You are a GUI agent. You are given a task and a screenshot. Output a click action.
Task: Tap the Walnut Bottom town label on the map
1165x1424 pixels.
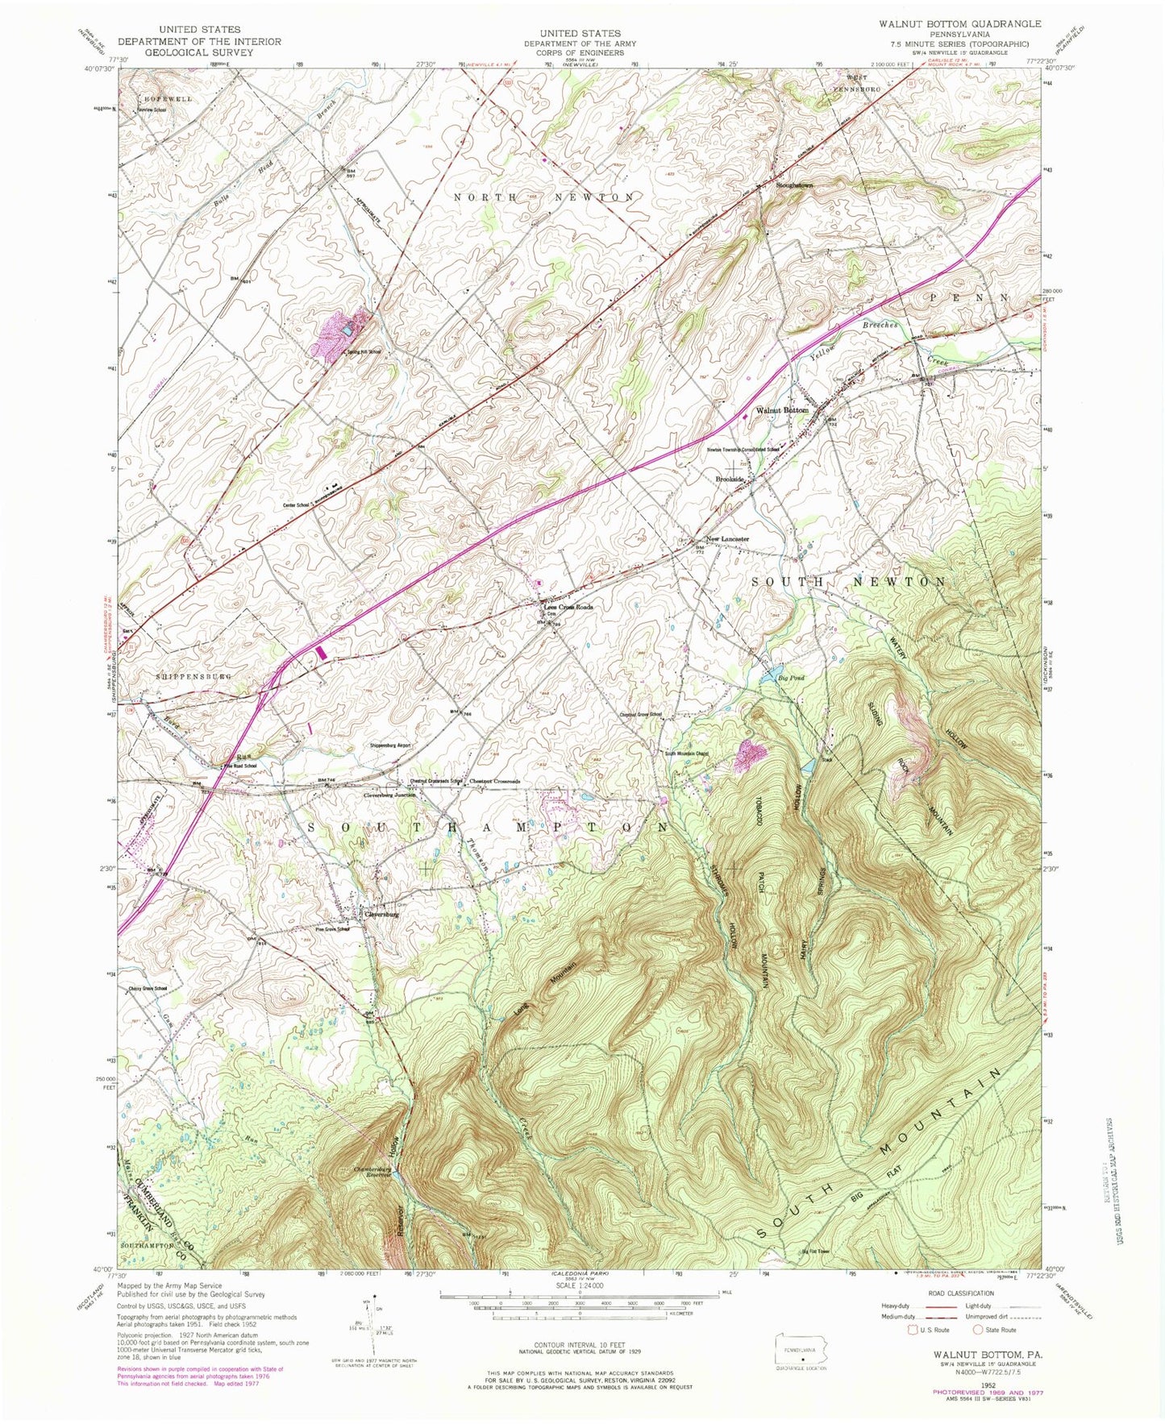pyautogui.click(x=781, y=410)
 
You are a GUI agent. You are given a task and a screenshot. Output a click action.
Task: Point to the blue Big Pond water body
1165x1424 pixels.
pyautogui.click(x=772, y=670)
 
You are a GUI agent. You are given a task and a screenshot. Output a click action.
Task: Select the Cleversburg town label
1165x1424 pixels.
pyautogui.click(x=382, y=915)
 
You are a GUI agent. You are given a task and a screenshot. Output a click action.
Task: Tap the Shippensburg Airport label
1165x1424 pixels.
pyautogui.click(x=391, y=745)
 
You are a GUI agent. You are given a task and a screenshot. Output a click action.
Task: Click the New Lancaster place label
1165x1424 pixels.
pyautogui.click(x=727, y=539)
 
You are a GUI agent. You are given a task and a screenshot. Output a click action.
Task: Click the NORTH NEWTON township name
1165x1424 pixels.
pyautogui.click(x=543, y=197)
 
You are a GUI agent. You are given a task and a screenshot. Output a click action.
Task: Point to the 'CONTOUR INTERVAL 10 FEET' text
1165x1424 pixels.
pyautogui.click(x=582, y=1354)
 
